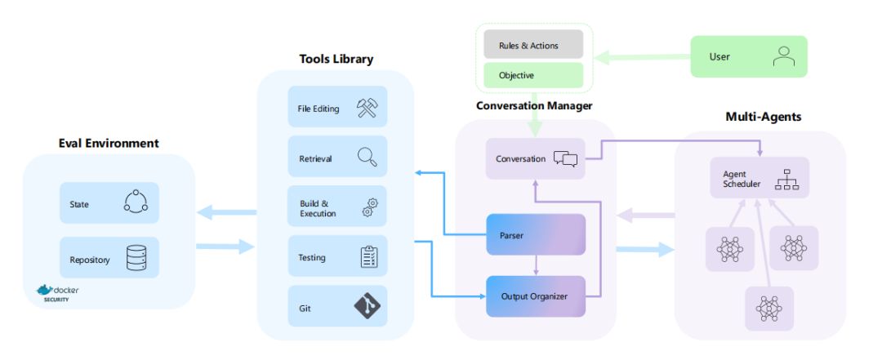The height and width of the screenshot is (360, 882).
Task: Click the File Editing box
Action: [x=337, y=108]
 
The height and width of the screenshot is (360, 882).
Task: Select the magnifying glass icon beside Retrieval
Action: [x=366, y=158]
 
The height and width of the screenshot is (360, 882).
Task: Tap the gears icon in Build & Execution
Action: [x=368, y=207]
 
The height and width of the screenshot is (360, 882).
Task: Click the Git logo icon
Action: [x=367, y=306]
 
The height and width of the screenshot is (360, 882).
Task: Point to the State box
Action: [x=109, y=203]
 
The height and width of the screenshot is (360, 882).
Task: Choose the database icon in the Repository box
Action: [x=136, y=258]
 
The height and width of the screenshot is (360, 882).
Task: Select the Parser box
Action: [x=536, y=234]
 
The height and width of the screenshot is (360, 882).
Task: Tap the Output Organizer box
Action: [x=536, y=296]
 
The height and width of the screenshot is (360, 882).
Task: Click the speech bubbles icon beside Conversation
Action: [x=565, y=158]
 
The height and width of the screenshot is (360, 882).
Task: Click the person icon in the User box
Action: [x=783, y=56]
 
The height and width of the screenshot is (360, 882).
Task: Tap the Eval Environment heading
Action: [x=109, y=144]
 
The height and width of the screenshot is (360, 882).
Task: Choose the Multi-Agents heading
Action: [x=763, y=117]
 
